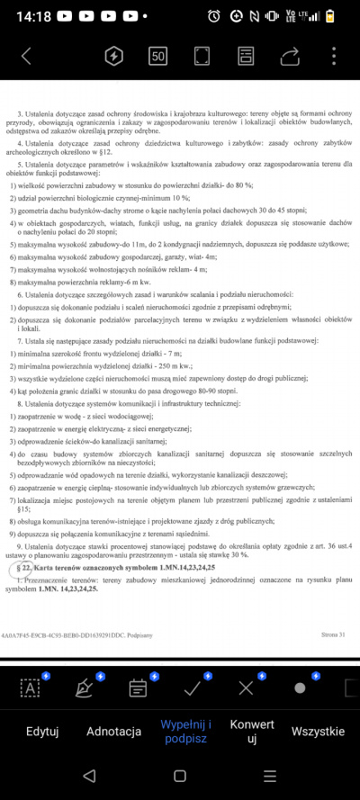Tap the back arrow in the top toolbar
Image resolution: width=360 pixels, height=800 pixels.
tap(26, 56)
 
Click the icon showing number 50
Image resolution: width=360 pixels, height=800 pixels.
tap(158, 56)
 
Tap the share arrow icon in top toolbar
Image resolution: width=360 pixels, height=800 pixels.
tap(290, 56)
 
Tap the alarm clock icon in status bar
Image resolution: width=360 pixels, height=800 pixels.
tap(213, 16)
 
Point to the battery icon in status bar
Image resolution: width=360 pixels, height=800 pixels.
tap(336, 16)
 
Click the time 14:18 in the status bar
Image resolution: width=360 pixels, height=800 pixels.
tap(34, 16)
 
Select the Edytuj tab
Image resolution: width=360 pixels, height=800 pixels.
tap(42, 731)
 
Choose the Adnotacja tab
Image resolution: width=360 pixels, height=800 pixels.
tap(113, 731)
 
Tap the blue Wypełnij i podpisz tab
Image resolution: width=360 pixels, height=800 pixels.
tap(185, 731)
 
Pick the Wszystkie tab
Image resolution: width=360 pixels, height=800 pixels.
tap(318, 731)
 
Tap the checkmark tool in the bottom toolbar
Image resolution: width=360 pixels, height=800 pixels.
tap(192, 688)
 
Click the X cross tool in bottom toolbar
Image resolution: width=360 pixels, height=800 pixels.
tap(246, 688)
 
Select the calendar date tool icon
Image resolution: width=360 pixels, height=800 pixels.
tap(138, 688)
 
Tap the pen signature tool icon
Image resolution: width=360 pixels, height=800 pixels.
tap(85, 688)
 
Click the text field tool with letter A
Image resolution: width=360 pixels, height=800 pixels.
tap(31, 688)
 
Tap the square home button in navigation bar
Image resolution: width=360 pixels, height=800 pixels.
tap(180, 776)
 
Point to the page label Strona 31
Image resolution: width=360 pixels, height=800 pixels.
tap(333, 634)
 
